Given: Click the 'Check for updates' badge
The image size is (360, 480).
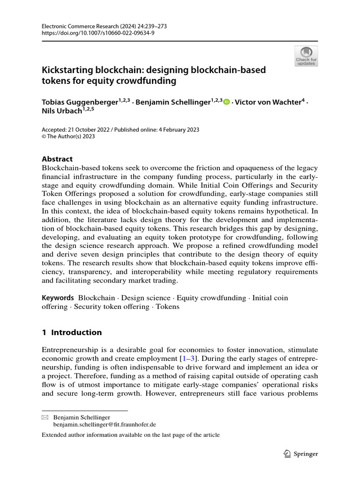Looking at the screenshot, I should (306, 56).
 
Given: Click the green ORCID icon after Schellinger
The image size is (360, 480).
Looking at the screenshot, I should (227, 102).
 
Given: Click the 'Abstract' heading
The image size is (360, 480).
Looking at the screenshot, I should (57, 159).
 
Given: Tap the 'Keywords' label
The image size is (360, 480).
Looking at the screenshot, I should (58, 298).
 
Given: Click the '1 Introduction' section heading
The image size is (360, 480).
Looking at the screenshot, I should (71, 332).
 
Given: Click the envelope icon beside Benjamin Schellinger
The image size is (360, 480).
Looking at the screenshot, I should (45, 417).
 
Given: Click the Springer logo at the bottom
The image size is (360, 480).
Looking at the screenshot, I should (301, 453).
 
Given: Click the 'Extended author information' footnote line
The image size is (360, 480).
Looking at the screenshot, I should (130, 435).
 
